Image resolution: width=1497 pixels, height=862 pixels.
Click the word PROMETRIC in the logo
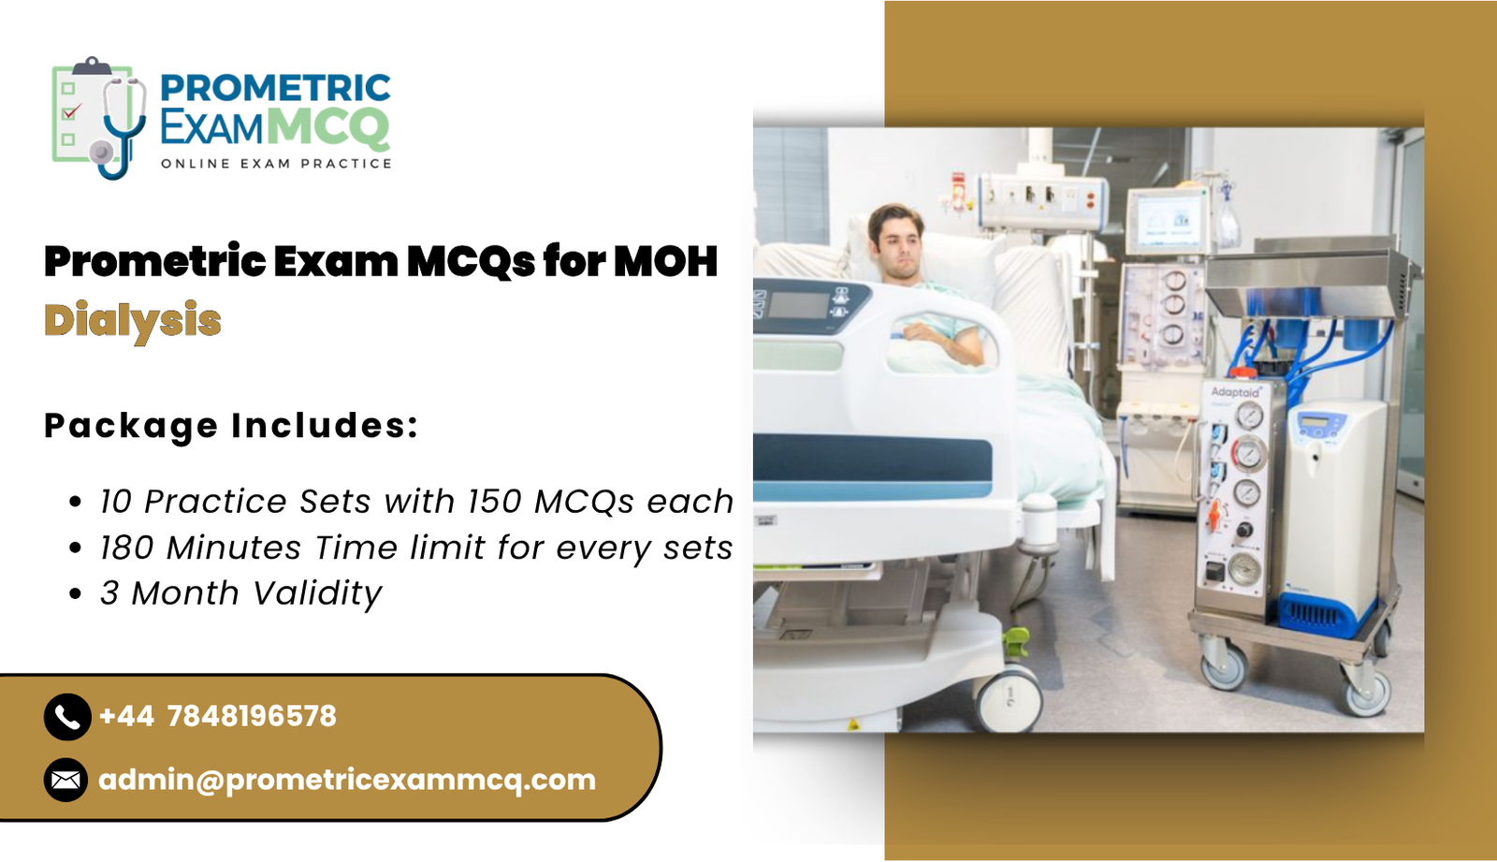(275, 88)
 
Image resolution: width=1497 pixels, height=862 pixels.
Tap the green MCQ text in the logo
(327, 127)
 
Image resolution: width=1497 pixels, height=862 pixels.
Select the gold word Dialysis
(133, 321)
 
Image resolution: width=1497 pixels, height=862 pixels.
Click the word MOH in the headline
(665, 261)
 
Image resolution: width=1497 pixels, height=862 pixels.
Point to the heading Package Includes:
(231, 426)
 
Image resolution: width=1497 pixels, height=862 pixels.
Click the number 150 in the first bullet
(495, 502)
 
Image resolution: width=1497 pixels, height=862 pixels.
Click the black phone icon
(66, 717)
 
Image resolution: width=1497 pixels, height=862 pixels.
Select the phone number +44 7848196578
(217, 717)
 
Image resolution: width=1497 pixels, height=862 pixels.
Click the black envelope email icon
(66, 780)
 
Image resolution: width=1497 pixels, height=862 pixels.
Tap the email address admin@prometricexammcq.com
(347, 780)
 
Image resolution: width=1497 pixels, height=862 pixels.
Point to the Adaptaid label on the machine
(1235, 391)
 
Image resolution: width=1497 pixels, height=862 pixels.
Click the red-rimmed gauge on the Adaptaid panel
(1247, 454)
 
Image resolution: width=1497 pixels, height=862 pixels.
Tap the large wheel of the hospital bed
(1010, 698)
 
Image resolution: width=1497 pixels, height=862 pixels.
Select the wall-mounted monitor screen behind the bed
(1167, 221)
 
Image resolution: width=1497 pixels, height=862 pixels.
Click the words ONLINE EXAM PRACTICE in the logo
(276, 164)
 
